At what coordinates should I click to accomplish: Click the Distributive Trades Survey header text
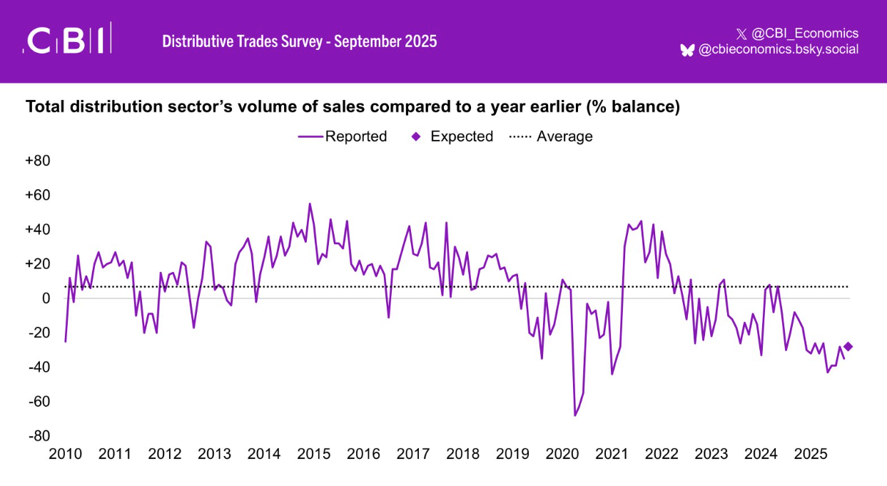[x=300, y=41]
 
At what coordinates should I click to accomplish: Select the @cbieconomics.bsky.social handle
[x=778, y=49]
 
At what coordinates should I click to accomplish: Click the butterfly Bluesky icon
[x=687, y=50]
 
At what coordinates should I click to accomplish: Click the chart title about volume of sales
[x=353, y=107]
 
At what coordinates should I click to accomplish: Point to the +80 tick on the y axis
[x=37, y=161]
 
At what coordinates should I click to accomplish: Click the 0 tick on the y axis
[x=46, y=298]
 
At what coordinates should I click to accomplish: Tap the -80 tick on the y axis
[x=39, y=436]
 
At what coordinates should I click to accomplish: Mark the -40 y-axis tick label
[x=39, y=367]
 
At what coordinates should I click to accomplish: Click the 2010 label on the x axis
[x=65, y=455]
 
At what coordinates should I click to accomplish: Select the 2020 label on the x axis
[x=562, y=455]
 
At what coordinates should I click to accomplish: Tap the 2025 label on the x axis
[x=811, y=455]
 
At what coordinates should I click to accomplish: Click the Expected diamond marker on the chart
[x=848, y=347]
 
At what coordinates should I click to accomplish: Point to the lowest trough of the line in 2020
[x=574, y=415]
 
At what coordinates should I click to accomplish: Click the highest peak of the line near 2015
[x=310, y=204]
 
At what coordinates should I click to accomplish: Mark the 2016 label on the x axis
[x=363, y=455]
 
